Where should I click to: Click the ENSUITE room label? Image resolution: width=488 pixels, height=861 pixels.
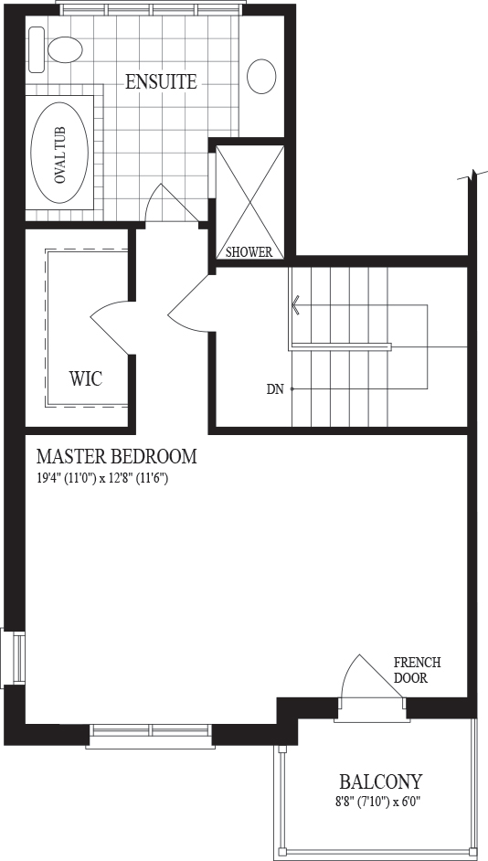(161, 82)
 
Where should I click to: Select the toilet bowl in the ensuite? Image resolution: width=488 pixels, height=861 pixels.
(65, 49)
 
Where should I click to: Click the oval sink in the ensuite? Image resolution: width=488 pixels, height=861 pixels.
(261, 76)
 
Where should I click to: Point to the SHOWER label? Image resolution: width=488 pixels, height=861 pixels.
(249, 252)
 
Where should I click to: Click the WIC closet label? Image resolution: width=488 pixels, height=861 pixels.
(86, 378)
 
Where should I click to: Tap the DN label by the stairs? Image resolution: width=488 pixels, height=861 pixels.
(275, 389)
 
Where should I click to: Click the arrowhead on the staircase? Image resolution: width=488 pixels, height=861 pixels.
(296, 304)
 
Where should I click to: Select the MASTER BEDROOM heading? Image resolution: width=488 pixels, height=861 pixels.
(116, 456)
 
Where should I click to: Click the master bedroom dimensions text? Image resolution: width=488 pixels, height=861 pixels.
(102, 478)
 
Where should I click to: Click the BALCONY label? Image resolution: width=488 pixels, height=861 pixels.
(380, 781)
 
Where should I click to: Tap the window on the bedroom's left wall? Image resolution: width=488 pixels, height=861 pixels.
(13, 658)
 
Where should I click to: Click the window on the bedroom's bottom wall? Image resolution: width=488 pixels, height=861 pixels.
(149, 737)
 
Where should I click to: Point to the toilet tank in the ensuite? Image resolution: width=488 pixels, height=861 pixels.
(36, 50)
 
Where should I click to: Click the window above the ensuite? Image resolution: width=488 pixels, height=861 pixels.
(150, 8)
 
